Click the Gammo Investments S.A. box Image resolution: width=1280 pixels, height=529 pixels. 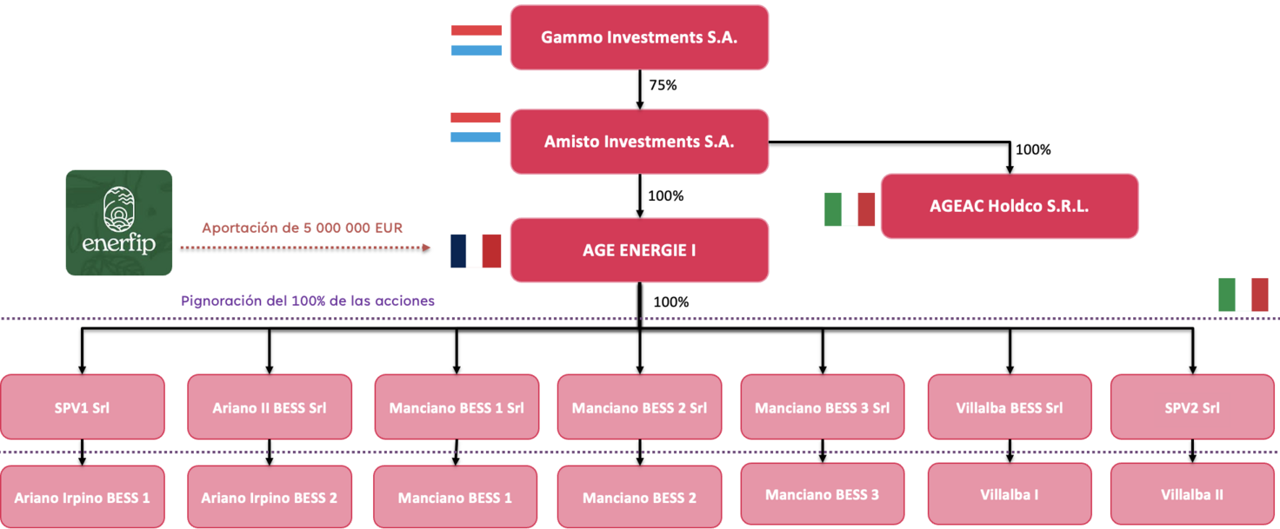point(639,37)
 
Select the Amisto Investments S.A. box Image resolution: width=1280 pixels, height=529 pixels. point(639,141)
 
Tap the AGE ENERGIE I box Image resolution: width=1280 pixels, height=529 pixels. point(639,250)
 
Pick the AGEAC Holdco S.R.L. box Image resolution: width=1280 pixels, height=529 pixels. point(1009,206)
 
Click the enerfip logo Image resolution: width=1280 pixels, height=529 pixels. point(119,223)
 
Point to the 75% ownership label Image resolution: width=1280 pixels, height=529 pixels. point(663,85)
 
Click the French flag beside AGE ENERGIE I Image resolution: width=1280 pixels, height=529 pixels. point(476,250)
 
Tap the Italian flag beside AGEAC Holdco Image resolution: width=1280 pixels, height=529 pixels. point(849,209)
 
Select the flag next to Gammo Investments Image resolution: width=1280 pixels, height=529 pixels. point(477,40)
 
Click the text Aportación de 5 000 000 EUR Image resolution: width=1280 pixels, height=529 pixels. point(302,228)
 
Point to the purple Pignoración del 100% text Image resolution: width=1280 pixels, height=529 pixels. point(308,301)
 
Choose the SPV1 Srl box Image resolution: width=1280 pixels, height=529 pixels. point(82,407)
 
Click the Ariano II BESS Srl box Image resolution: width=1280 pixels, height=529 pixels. point(270,407)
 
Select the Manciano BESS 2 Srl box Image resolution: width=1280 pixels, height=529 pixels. point(639,407)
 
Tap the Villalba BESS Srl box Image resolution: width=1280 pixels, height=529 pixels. point(1009,407)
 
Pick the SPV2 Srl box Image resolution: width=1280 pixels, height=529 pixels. point(1192,407)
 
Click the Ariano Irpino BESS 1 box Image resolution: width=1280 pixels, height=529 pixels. point(82,498)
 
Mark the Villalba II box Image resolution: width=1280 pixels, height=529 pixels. point(1192,494)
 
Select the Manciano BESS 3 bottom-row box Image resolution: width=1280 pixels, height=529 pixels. point(822,494)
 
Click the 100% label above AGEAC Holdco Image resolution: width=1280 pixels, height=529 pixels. point(1033,149)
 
